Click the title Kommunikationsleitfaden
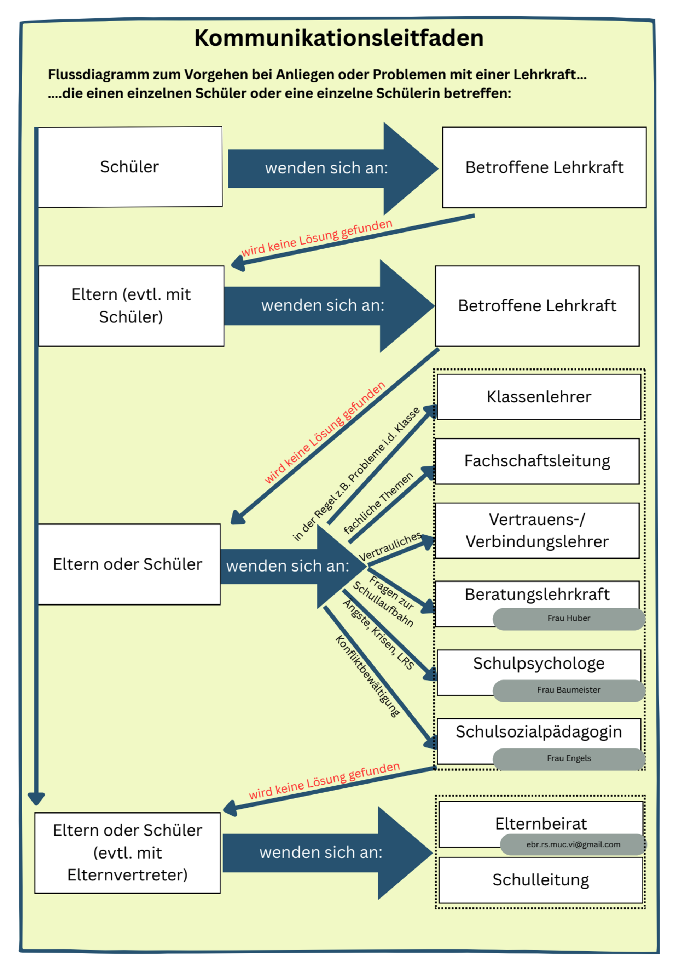[339, 38]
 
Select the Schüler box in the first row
[130, 167]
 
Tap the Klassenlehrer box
[539, 397]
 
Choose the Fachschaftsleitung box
[537, 461]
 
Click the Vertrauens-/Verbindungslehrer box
[537, 531]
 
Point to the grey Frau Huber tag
[569, 618]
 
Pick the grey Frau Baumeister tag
[569, 690]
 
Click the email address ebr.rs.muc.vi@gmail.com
[573, 844]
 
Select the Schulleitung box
[540, 880]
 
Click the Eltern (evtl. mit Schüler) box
[131, 306]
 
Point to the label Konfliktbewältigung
[368, 676]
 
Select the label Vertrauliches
[390, 546]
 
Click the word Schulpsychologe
[539, 664]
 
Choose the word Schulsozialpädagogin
[539, 732]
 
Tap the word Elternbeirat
[540, 824]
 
